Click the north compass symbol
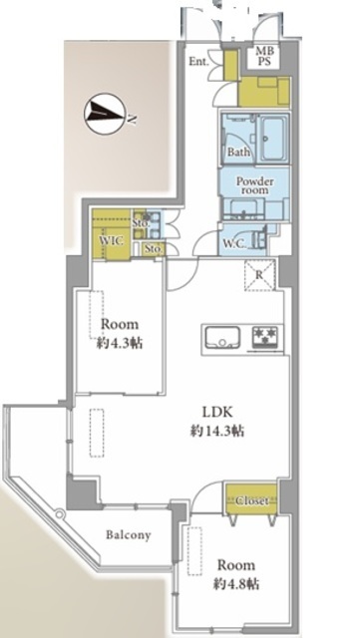[106, 114]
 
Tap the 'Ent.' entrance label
[198, 62]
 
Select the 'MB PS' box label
[265, 57]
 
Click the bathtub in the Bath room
[273, 138]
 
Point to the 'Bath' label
[238, 153]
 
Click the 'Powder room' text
[255, 185]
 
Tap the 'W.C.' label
[234, 243]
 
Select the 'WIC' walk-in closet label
[111, 240]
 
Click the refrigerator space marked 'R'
[259, 275]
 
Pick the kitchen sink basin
[222, 337]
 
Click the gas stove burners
[266, 337]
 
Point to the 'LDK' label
[217, 412]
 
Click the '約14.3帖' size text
[217, 431]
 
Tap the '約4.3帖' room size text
[120, 343]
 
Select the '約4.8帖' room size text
[235, 584]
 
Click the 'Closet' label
[252, 500]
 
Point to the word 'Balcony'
[129, 534]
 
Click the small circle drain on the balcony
[60, 514]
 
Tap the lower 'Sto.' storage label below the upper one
[154, 249]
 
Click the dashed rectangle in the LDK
[97, 433]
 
